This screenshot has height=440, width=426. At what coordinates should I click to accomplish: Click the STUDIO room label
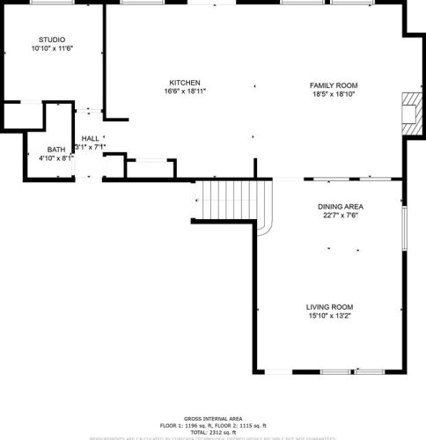point(51,40)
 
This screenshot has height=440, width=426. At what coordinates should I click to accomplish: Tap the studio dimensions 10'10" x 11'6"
point(51,49)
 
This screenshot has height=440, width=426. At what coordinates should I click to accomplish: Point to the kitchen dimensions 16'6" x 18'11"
point(185,92)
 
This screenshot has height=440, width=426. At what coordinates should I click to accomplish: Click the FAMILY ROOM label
point(334,84)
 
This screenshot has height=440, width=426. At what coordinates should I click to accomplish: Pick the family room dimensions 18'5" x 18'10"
point(334,94)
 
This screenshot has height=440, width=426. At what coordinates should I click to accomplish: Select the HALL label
point(90,139)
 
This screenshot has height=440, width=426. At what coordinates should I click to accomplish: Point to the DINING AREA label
point(342,207)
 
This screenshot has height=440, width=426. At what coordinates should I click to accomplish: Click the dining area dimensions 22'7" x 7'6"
point(342,216)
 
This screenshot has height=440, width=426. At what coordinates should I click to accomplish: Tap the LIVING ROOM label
point(330,306)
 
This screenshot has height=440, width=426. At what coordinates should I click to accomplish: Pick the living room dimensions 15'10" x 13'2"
point(330,316)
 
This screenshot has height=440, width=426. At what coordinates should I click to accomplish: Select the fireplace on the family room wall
point(410,113)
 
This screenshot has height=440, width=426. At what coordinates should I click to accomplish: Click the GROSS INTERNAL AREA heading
point(213,418)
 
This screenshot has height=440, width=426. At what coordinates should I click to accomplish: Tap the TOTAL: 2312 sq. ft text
point(213,431)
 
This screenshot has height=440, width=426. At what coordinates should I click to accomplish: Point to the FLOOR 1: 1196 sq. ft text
point(186,425)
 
